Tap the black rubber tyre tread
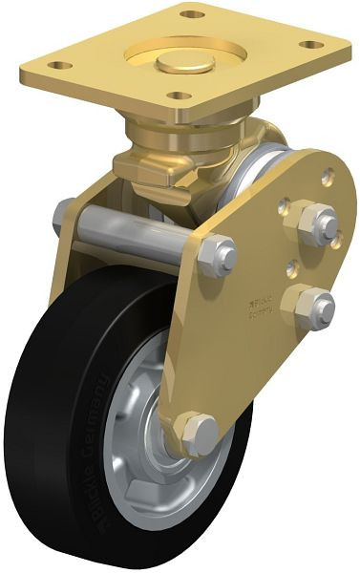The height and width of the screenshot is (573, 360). click(x=48, y=401)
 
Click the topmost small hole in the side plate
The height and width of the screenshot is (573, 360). click(x=328, y=176)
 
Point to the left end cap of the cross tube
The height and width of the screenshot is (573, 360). click(x=65, y=215)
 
